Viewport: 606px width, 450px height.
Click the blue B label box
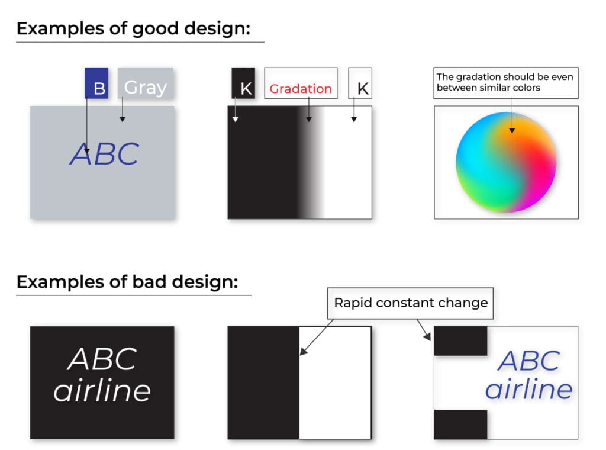(96, 83)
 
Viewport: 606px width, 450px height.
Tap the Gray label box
(146, 83)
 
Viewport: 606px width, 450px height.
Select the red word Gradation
(301, 89)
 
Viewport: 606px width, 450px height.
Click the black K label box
(243, 83)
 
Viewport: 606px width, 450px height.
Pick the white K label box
(360, 83)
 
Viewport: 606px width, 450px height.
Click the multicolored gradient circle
(506, 162)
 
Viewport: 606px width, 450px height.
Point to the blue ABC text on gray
(104, 154)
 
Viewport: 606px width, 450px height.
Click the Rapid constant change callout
(411, 303)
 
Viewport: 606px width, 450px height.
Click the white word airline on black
(102, 390)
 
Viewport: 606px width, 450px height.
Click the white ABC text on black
(102, 359)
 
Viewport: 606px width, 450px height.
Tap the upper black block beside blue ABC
(460, 341)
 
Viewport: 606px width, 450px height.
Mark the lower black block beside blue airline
(460, 425)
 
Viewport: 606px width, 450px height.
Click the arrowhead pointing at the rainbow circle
(512, 131)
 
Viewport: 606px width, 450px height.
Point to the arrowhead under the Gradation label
(309, 120)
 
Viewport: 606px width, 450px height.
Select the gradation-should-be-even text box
(506, 83)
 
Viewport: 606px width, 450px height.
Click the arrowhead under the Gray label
(123, 120)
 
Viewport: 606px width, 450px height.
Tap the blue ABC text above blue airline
(529, 361)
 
